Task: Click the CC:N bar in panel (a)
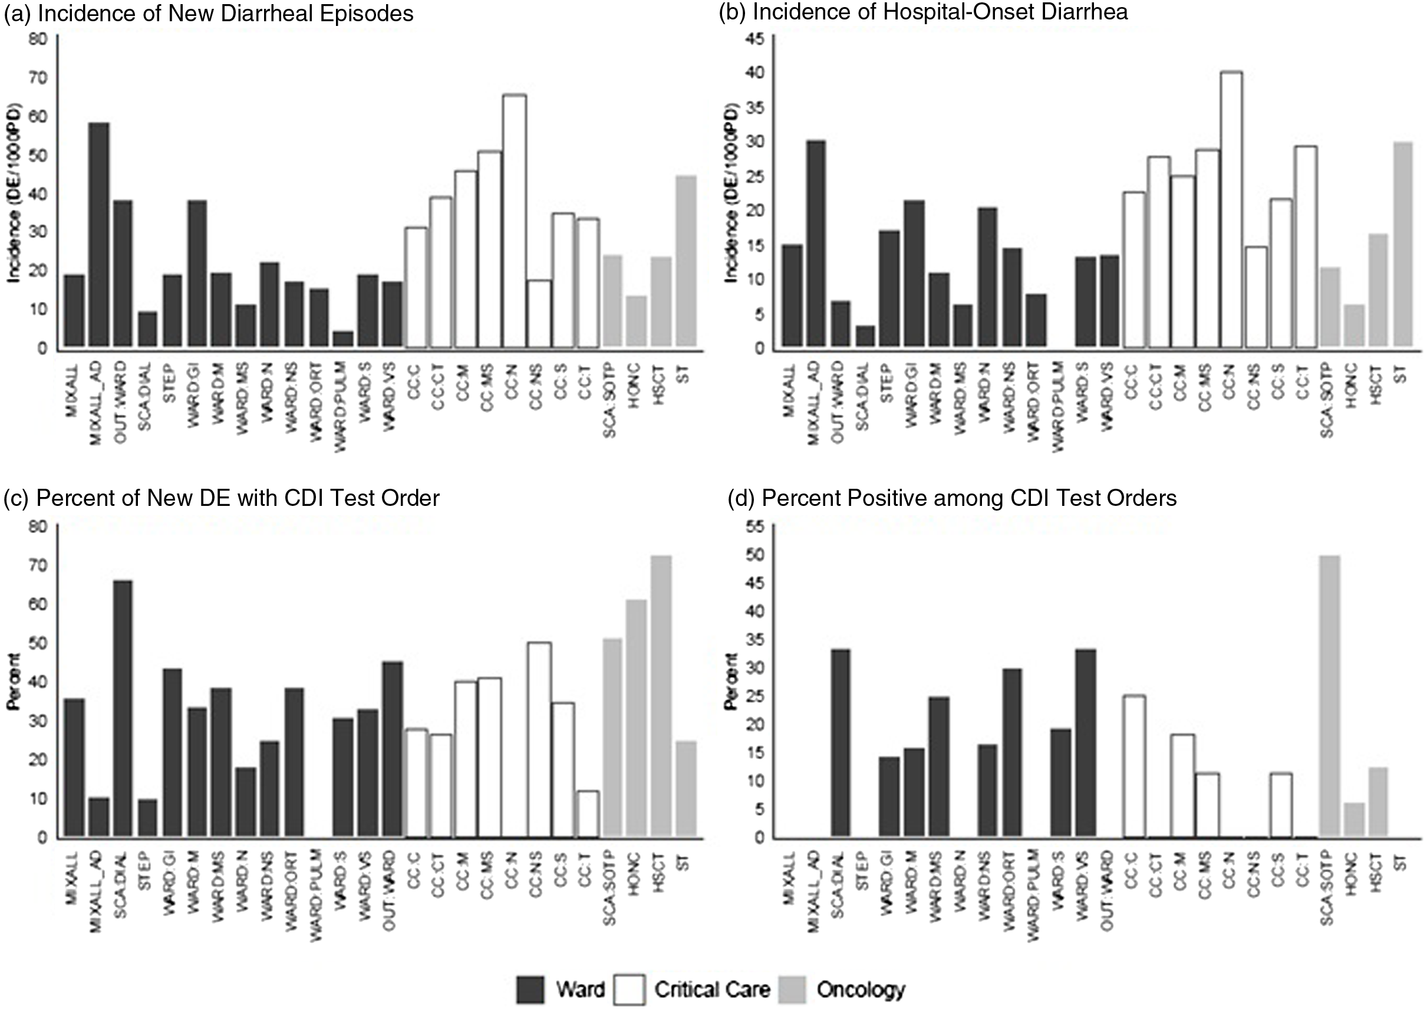[514, 221]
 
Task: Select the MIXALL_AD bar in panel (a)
[99, 235]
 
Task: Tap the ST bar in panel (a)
[686, 261]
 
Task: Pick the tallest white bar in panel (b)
[1231, 209]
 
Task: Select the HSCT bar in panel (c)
[660, 696]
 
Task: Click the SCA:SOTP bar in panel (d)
[1328, 696]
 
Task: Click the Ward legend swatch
[530, 989]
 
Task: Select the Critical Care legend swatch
[630, 989]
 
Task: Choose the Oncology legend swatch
[791, 989]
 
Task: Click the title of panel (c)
[222, 498]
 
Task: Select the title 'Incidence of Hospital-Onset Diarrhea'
[924, 12]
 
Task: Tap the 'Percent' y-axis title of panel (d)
[732, 682]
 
